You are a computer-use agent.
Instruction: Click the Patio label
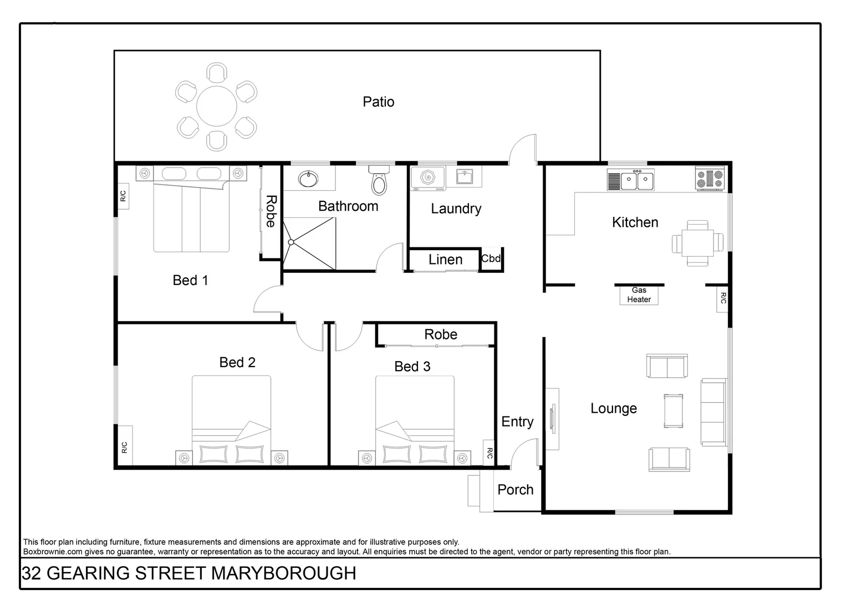(x=379, y=101)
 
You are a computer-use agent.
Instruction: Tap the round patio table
(x=217, y=106)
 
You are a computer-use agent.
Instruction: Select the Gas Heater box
(x=639, y=295)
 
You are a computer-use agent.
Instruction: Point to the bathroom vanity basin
(x=308, y=179)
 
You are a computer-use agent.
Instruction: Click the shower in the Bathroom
(x=309, y=243)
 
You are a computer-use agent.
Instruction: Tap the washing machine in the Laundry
(x=428, y=178)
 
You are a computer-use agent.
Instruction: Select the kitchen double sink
(x=637, y=180)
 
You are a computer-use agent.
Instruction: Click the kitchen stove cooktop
(x=710, y=179)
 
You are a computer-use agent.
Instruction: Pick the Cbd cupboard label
(x=491, y=258)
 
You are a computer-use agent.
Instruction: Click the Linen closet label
(x=445, y=260)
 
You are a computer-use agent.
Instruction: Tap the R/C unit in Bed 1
(x=123, y=196)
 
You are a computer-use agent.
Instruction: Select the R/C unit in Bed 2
(x=124, y=446)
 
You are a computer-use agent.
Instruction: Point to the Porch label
(x=515, y=490)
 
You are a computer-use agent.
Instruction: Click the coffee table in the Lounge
(x=673, y=411)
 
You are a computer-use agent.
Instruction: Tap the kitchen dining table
(x=697, y=242)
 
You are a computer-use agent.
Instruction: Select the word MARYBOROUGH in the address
(x=284, y=573)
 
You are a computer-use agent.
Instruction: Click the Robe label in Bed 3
(x=441, y=334)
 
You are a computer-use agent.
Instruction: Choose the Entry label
(x=517, y=422)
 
